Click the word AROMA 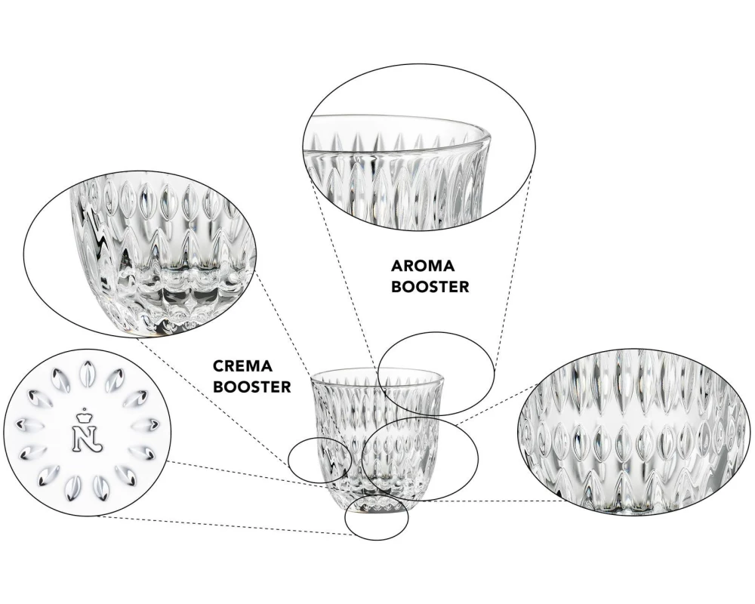[422, 266]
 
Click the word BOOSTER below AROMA [430, 287]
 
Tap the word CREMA [242, 366]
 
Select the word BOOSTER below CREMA [252, 387]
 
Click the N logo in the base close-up [88, 436]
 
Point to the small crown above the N [87, 412]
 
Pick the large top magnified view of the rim [419, 147]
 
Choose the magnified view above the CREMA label [140, 253]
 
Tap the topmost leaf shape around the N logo [87, 373]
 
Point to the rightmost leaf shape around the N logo [147, 424]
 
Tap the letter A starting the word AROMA [397, 266]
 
